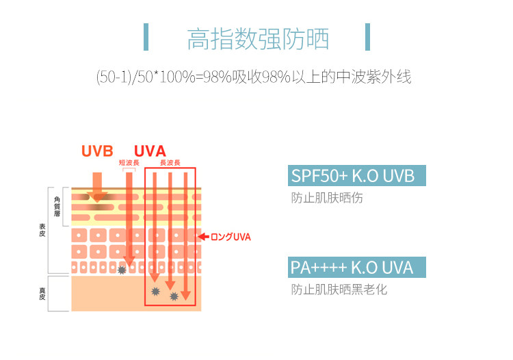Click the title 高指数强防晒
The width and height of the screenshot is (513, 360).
258,39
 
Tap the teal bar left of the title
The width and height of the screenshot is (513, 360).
146,37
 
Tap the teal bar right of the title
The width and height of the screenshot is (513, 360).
368,37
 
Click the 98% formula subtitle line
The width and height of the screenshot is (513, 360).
254,76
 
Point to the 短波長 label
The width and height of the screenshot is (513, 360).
129,163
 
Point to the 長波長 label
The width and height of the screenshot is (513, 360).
170,163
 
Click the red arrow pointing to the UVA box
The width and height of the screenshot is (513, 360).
203,237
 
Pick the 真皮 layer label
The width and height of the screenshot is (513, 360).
42,294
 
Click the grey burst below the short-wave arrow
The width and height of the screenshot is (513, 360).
122,270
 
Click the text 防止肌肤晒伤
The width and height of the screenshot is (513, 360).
326,198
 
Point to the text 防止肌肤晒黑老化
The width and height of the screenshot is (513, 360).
339,290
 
